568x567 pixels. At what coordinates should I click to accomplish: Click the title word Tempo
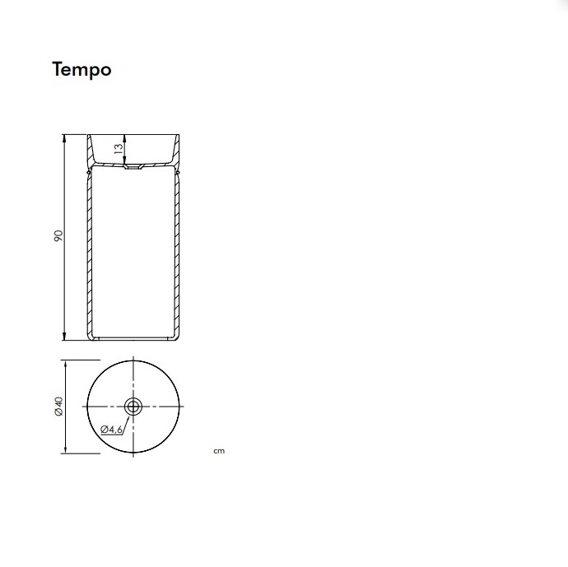tap(81, 70)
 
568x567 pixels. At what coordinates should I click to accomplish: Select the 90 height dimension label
tap(58, 236)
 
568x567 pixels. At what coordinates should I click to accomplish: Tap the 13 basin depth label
tap(119, 148)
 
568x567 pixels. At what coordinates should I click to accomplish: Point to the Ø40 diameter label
tap(58, 407)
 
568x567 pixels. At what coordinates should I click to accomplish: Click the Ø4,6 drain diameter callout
tap(112, 430)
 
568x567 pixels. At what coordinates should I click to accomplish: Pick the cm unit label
tap(219, 451)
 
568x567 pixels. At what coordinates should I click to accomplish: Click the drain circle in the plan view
tap(133, 407)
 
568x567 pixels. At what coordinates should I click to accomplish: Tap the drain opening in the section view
tap(133, 167)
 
